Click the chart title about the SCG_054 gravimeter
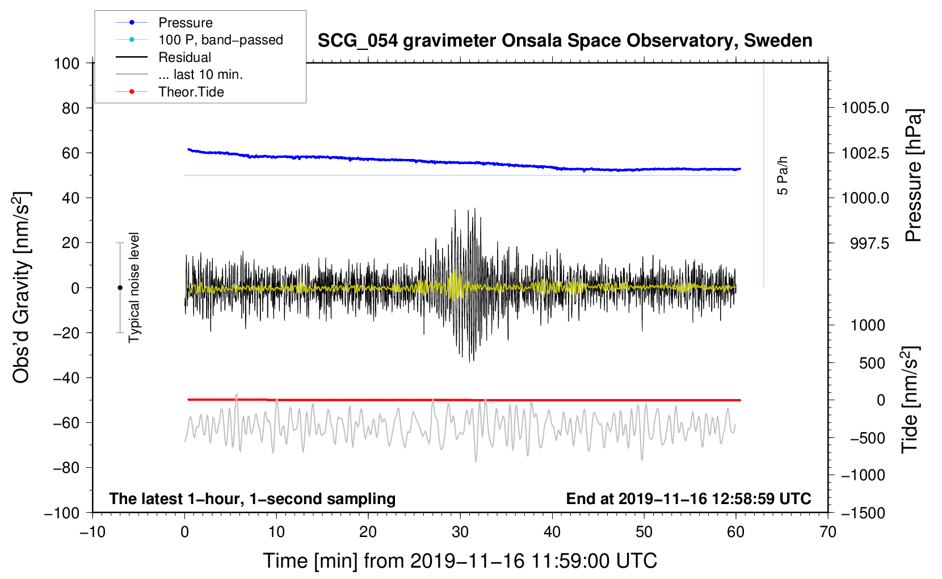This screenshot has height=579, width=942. point(565,41)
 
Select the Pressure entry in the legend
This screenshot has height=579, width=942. point(185,22)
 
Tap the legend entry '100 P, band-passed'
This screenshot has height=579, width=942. point(221,40)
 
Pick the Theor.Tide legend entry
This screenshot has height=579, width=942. point(191,92)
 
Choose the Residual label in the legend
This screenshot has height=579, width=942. point(184,57)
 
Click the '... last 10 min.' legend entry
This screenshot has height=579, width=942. point(200,74)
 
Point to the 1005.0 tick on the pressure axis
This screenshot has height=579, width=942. point(865,108)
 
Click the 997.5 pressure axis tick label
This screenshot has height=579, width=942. point(869,243)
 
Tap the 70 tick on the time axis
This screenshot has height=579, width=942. point(827,532)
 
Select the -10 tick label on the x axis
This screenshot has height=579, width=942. point(92,532)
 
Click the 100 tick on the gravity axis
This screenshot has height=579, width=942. point(66,64)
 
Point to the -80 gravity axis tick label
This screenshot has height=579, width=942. point(66,468)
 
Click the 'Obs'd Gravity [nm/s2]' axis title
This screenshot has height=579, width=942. point(21,287)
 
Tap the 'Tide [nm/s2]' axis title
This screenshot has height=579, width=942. point(910,400)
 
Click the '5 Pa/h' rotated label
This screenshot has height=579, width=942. point(782,175)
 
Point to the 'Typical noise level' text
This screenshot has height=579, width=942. point(133,287)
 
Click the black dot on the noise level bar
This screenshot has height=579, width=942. point(120,288)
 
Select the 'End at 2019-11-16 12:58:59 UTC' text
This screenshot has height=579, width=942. point(688,498)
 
